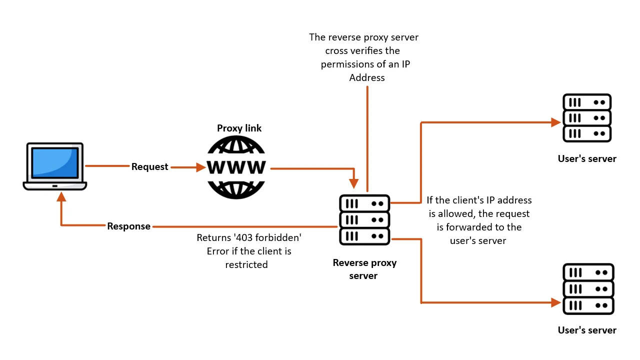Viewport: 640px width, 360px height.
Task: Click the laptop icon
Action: pyautogui.click(x=54, y=166)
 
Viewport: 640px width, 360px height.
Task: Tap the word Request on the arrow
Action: pyautogui.click(x=149, y=167)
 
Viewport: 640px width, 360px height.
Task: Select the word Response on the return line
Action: pyautogui.click(x=128, y=226)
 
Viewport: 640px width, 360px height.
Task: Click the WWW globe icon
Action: pyautogui.click(x=236, y=167)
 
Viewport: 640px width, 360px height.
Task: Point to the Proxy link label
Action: pyautogui.click(x=239, y=128)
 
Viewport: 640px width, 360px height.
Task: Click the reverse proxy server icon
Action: pyautogui.click(x=364, y=219)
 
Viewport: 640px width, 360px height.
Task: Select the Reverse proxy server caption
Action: pyautogui.click(x=364, y=269)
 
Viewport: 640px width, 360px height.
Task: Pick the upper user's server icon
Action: pyautogui.click(x=587, y=118)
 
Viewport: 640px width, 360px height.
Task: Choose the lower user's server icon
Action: pyautogui.click(x=588, y=289)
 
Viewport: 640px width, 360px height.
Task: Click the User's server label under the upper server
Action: pyautogui.click(x=587, y=159)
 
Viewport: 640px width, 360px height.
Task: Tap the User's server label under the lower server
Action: pyautogui.click(x=587, y=330)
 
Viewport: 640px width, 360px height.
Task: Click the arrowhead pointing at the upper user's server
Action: pyautogui.click(x=555, y=122)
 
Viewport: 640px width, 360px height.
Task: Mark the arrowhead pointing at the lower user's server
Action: pyautogui.click(x=555, y=302)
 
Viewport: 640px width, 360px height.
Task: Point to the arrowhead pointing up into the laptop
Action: pyautogui.click(x=61, y=197)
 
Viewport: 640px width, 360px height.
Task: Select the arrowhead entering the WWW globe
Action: pyautogui.click(x=201, y=167)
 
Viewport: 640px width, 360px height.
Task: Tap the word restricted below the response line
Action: pyautogui.click(x=246, y=265)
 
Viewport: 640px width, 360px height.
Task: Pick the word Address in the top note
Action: pyautogui.click(x=367, y=77)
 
